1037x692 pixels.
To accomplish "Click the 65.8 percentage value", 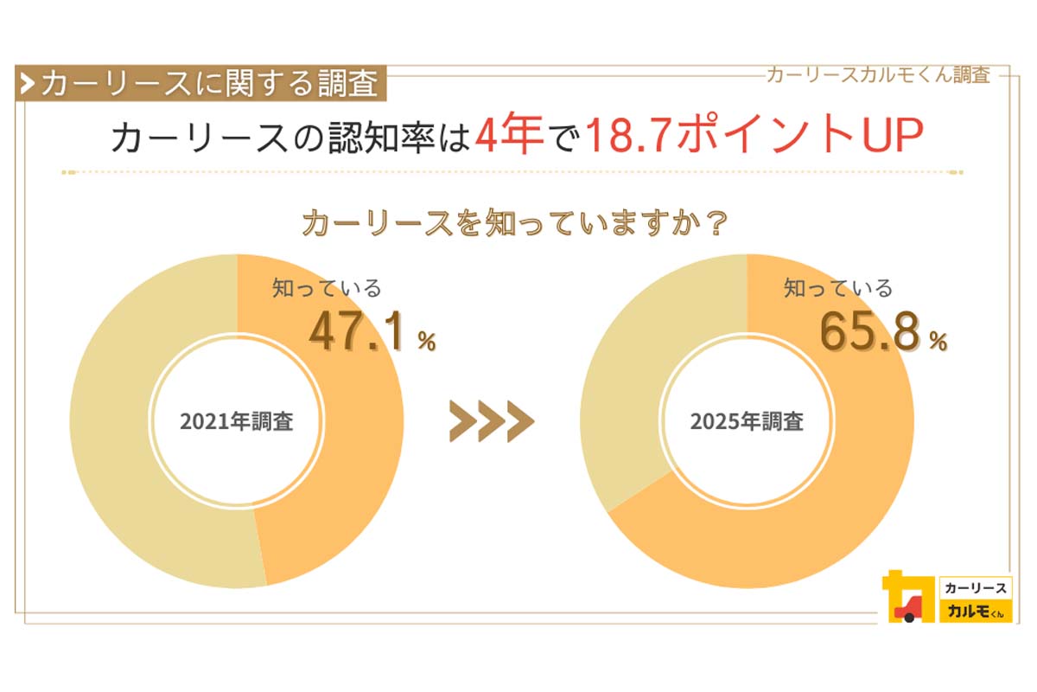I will pyautogui.click(x=868, y=332).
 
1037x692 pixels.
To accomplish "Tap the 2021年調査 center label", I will pyautogui.click(x=236, y=422).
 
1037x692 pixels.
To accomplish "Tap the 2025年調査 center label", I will pyautogui.click(x=747, y=422).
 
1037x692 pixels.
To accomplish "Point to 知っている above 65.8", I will pyautogui.click(x=837, y=289).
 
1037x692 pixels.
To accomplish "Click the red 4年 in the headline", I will pyautogui.click(x=508, y=136).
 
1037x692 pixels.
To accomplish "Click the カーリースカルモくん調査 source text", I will pyautogui.click(x=877, y=75).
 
